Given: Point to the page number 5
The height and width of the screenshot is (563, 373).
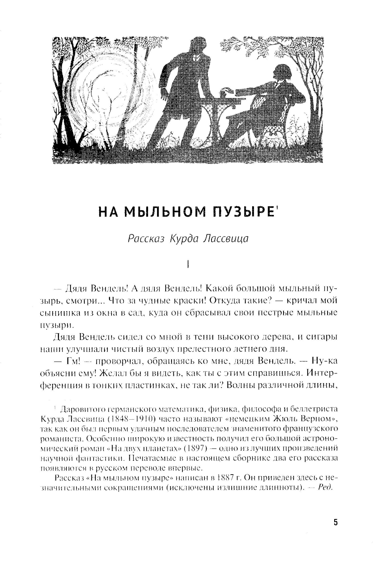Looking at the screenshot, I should click(x=336, y=522).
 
